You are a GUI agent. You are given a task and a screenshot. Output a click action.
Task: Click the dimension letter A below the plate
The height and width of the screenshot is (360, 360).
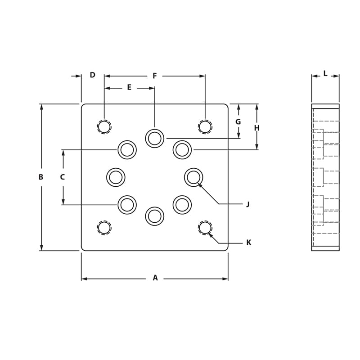(x=155, y=278)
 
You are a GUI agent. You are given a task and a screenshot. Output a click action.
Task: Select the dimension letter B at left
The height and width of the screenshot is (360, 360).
(x=41, y=177)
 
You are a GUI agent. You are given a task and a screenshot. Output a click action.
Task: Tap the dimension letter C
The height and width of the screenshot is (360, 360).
(x=63, y=177)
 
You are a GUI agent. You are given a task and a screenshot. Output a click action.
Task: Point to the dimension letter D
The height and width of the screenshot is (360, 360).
(x=93, y=75)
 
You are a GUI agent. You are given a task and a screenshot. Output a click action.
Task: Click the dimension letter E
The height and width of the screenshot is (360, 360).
(x=129, y=88)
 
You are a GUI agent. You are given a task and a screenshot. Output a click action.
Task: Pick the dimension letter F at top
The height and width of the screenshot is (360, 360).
(x=155, y=76)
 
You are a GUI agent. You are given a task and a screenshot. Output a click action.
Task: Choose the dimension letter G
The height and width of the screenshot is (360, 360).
(x=238, y=122)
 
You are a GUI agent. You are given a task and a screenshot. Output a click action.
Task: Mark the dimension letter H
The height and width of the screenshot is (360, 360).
(x=257, y=128)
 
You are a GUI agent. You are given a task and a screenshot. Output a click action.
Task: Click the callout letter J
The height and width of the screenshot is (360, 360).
(x=248, y=204)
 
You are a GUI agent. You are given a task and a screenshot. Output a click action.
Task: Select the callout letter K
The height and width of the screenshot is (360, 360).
(x=249, y=243)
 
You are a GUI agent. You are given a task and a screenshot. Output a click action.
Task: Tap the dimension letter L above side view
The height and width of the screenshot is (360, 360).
(x=325, y=74)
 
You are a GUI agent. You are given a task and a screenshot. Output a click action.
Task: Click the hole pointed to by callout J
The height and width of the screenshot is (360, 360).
(x=193, y=177)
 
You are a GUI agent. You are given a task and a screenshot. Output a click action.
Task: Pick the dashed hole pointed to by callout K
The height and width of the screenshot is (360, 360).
(x=205, y=228)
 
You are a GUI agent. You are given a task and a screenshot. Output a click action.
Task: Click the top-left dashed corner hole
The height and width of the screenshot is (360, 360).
(x=104, y=127)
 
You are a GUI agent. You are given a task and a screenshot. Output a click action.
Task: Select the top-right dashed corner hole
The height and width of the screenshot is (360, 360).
(x=205, y=127)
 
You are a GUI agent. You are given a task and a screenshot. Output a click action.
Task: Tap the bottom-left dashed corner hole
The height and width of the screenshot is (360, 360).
(x=104, y=228)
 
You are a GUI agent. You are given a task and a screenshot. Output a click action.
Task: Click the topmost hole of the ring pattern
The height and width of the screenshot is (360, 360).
(x=155, y=138)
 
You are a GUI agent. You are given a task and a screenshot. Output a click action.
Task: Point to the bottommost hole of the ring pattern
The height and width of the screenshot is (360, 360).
(x=155, y=216)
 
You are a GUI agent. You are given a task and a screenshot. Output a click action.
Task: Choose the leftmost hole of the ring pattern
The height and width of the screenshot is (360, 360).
(x=116, y=177)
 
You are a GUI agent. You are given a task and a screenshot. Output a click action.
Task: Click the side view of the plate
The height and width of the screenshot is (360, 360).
(x=325, y=177)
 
